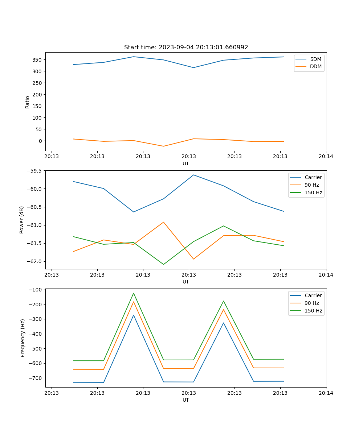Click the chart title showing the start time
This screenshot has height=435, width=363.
tap(186, 47)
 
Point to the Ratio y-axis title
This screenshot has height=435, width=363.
tap(28, 102)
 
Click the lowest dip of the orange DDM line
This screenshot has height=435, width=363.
tap(163, 146)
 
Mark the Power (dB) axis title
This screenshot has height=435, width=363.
tap(22, 220)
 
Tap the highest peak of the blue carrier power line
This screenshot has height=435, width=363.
tap(193, 175)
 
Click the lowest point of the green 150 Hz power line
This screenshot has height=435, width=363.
tap(163, 264)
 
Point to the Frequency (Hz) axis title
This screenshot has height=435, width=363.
tap(23, 338)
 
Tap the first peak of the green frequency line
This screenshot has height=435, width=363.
tap(134, 293)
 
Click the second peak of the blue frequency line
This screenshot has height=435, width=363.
tap(224, 323)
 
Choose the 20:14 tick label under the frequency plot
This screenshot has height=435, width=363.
tap(326, 393)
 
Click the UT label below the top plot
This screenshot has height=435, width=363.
tap(186, 163)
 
